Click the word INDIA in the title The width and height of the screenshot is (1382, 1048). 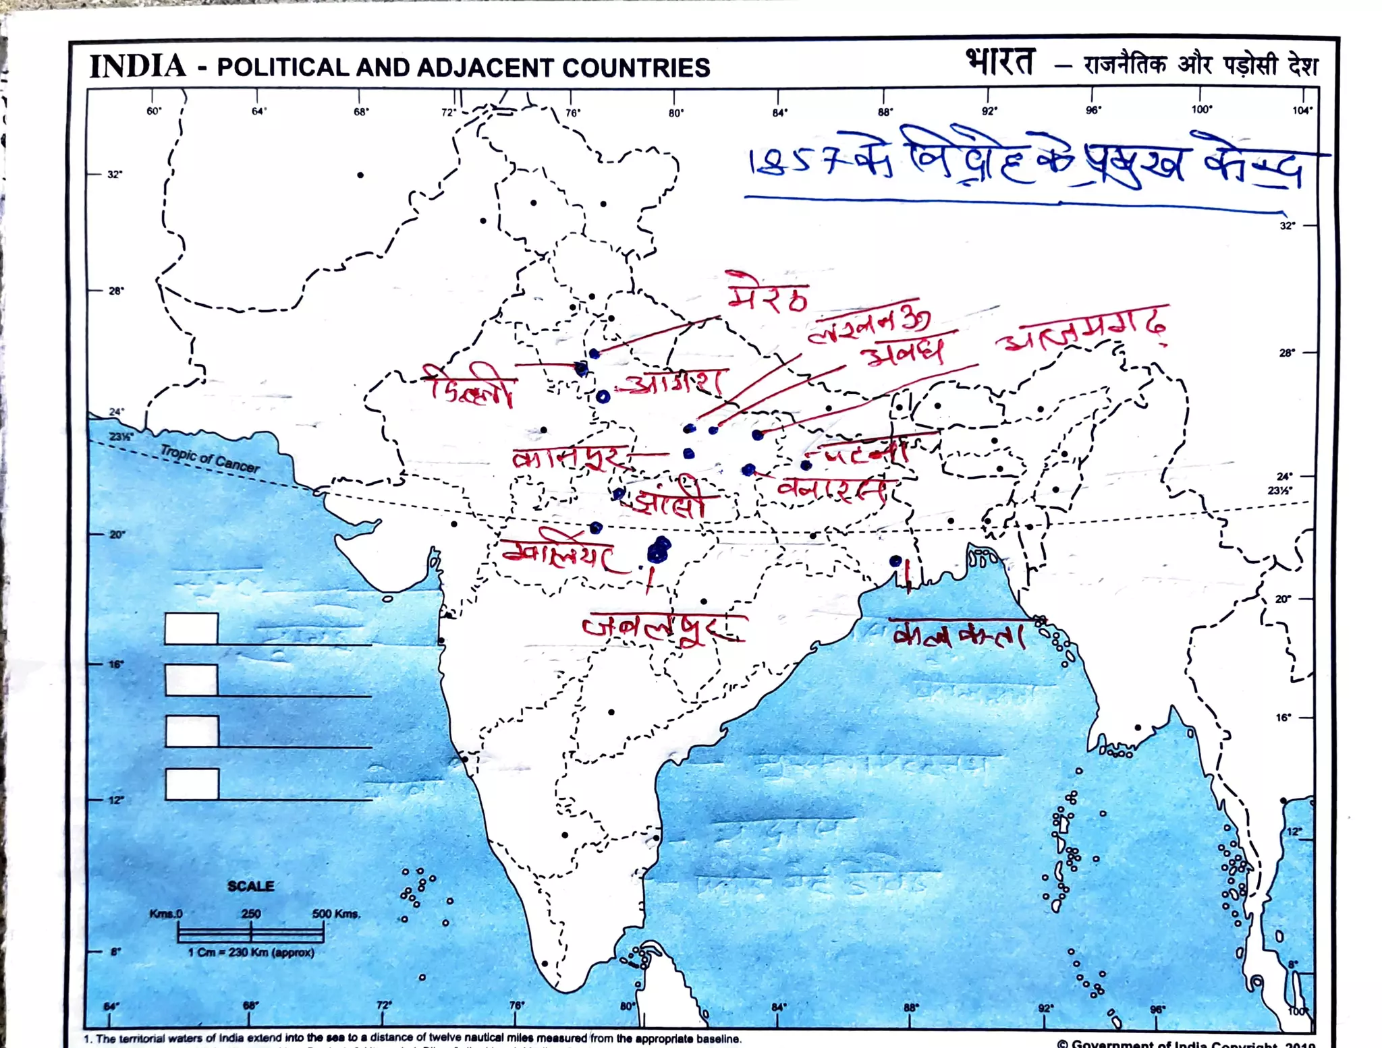click(x=138, y=66)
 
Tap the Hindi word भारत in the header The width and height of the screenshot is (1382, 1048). click(x=999, y=63)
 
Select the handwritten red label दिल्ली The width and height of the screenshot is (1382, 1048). click(x=470, y=386)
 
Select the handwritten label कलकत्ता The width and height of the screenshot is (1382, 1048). click(x=958, y=635)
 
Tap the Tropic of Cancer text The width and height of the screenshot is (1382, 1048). click(x=209, y=459)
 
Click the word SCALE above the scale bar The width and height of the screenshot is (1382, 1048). click(x=250, y=885)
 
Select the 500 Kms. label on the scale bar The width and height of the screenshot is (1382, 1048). click(x=335, y=914)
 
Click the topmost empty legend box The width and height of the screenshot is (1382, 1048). click(x=192, y=629)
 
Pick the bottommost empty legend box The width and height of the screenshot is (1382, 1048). click(x=192, y=784)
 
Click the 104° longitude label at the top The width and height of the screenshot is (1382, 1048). click(x=1302, y=111)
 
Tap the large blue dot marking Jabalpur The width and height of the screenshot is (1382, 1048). click(x=658, y=550)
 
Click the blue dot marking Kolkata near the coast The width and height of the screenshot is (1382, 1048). click(x=895, y=560)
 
